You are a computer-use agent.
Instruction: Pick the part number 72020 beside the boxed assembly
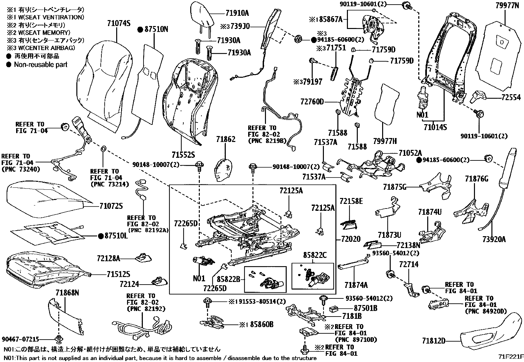coord(351,239)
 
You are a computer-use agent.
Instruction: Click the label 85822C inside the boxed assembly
coord(315,255)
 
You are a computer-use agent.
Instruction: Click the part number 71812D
coord(433,340)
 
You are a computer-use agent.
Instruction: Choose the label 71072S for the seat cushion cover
coord(111,206)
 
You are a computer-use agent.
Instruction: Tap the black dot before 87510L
coord(101,236)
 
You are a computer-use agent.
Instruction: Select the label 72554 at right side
coord(511,97)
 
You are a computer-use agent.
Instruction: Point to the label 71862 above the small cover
coord(226,139)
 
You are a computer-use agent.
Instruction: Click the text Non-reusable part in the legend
coord(40,65)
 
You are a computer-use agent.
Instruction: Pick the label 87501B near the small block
coord(366,308)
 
